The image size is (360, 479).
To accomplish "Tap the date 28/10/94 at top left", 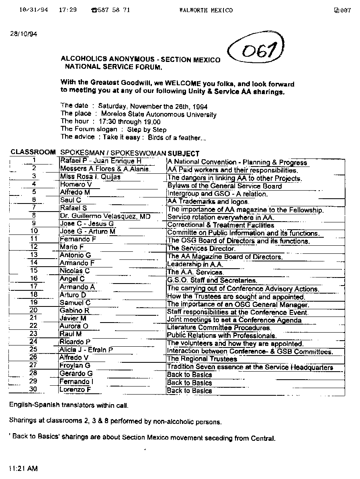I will (23, 34).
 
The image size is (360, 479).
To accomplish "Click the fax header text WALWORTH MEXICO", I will (206, 10).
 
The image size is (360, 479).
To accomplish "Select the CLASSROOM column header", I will (33, 153).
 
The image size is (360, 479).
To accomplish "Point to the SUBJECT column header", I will (183, 153).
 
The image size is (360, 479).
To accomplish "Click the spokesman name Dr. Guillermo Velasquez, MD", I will (105, 216).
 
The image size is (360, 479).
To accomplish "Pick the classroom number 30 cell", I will (34, 389).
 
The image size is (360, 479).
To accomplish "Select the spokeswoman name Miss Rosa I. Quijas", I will (90, 177).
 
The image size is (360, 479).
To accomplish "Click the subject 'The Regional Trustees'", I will (202, 359).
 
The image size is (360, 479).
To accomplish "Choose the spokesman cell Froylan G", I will (75, 365).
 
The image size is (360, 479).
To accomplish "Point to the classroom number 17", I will (34, 287).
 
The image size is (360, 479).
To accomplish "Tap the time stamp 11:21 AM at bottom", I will (23, 469).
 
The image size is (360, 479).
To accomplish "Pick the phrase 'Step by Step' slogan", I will (147, 130).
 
